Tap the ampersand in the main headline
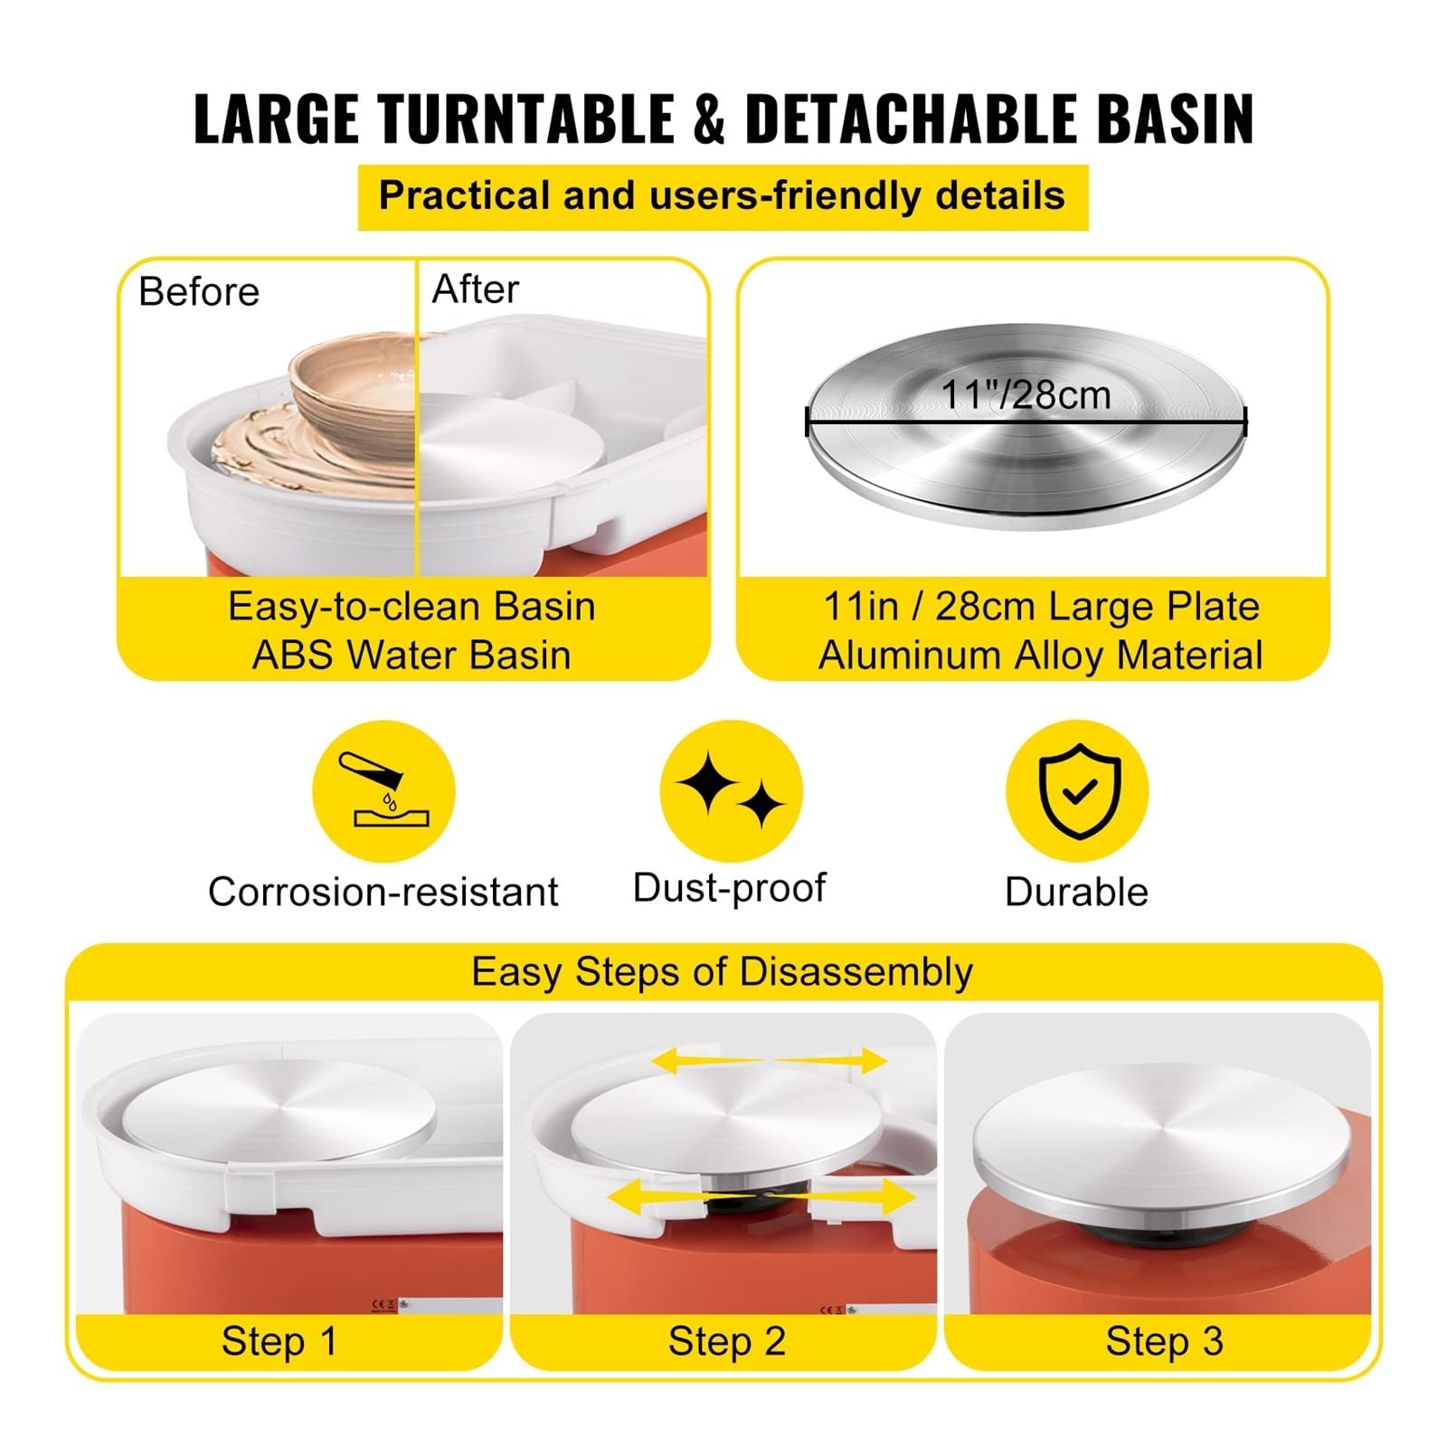(x=711, y=118)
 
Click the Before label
(x=199, y=292)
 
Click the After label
(x=475, y=289)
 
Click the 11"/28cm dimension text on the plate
(x=1026, y=394)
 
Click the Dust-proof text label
(x=729, y=888)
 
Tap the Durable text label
(x=1076, y=892)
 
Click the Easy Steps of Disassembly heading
(x=722, y=972)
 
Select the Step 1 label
(x=279, y=1341)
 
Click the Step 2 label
(x=727, y=1341)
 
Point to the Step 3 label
(x=1165, y=1341)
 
